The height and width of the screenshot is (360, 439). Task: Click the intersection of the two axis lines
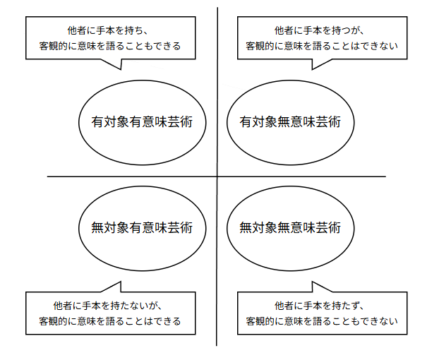click(x=217, y=176)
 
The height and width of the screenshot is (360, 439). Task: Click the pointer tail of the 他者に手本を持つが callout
click(x=315, y=65)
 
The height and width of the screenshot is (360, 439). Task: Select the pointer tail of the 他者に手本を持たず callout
click(x=315, y=286)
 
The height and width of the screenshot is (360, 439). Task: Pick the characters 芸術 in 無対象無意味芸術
click(x=328, y=227)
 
